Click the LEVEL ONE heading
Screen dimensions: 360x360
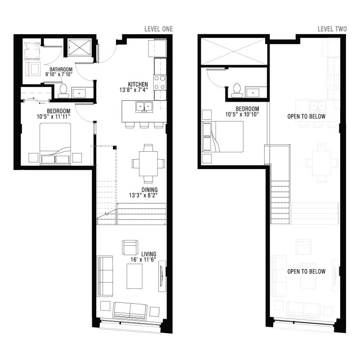coord(158,29)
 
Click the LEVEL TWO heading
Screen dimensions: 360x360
coord(332,29)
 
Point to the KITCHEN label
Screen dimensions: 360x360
coord(138,85)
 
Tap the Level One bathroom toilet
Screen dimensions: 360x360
coord(63,90)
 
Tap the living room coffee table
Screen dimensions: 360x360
coord(135,276)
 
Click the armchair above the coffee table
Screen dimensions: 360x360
coord(130,247)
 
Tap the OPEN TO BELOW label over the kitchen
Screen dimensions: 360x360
coord(306,117)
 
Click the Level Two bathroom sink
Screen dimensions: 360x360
coord(253,93)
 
